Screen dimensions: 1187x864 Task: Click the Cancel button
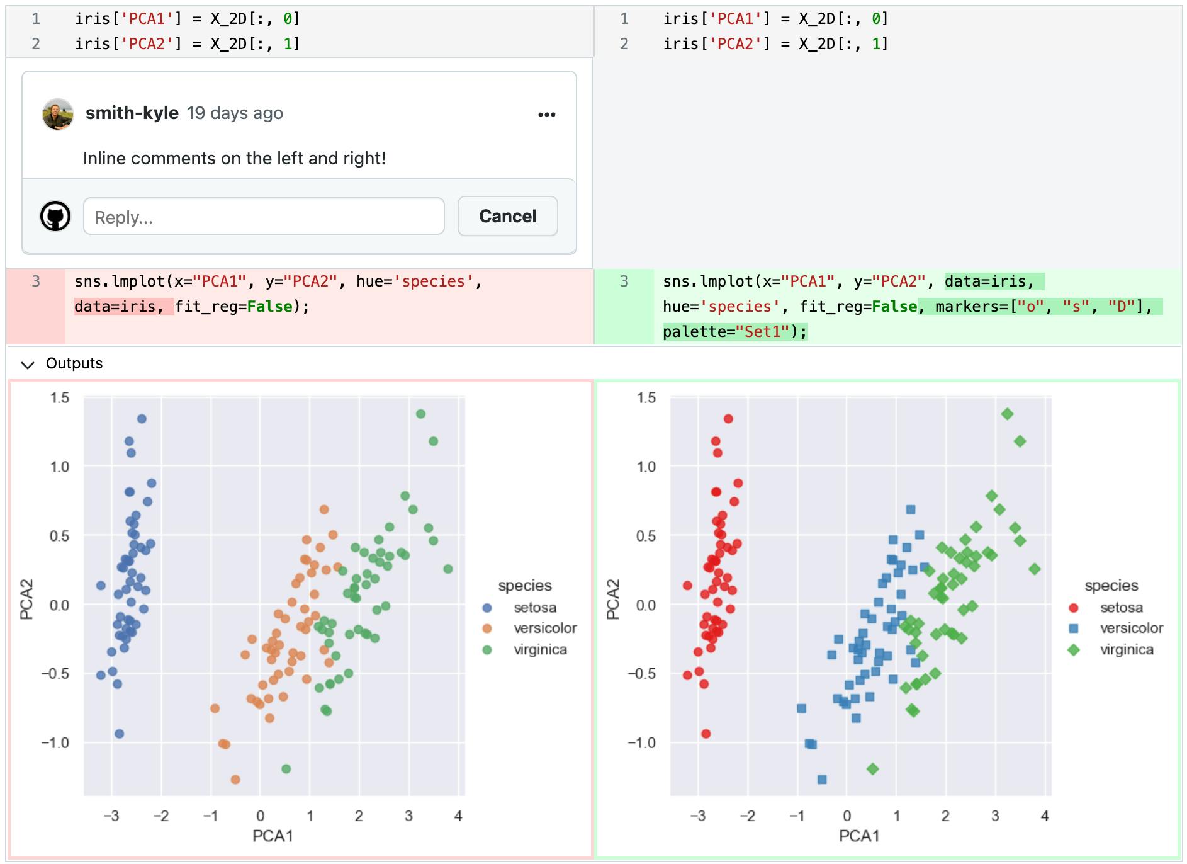[507, 216]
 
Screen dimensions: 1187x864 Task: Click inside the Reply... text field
[264, 217]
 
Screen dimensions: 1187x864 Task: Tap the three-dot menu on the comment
[547, 114]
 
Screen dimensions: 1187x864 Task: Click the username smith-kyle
[132, 113]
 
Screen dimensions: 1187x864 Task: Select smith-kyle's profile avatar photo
[58, 114]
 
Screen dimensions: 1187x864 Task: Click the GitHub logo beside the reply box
[55, 216]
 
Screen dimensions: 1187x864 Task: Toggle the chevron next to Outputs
[28, 365]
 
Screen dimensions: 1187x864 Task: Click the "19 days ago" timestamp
[235, 113]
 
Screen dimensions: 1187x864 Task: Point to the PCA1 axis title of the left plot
[273, 836]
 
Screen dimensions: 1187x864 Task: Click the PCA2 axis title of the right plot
[612, 599]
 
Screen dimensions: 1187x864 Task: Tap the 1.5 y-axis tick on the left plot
[60, 397]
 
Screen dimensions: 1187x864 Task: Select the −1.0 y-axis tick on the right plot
[641, 742]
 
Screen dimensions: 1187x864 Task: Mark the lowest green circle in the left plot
[286, 769]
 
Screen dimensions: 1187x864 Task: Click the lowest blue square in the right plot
[822, 780]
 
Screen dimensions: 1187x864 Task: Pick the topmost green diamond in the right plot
[1007, 414]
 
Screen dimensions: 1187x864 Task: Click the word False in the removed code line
[270, 307]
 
